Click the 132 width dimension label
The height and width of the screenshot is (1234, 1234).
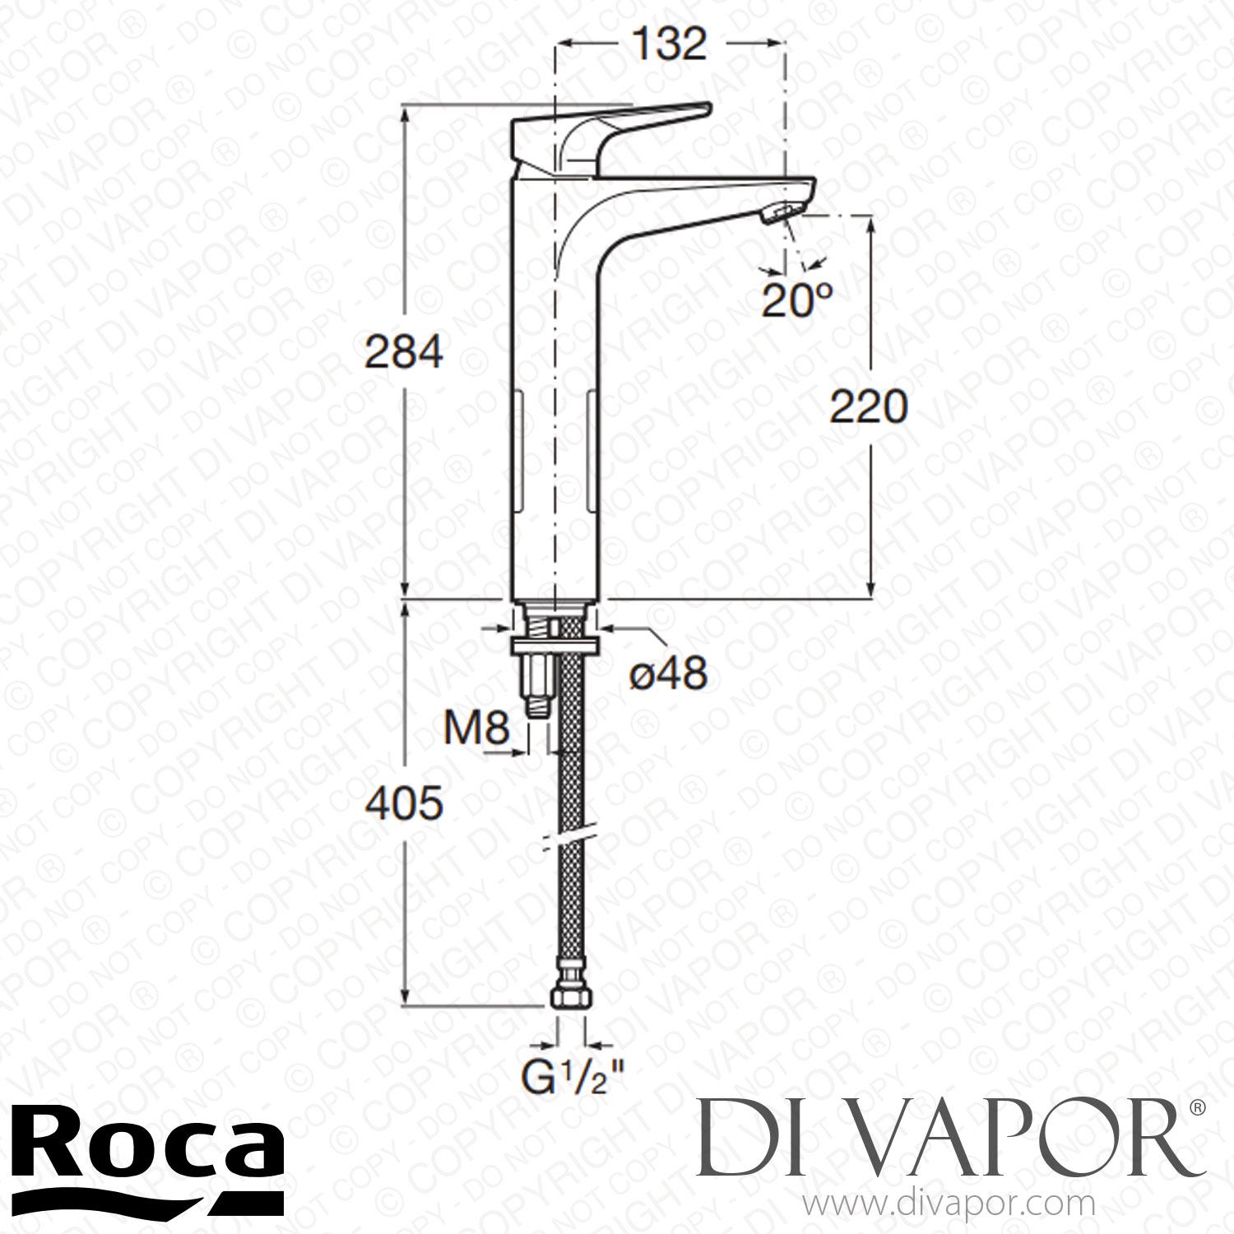pos(670,44)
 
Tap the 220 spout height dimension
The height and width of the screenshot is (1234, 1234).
pos(868,407)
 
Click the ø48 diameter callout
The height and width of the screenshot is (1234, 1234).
pos(667,675)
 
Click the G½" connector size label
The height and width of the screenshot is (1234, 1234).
pos(573,1076)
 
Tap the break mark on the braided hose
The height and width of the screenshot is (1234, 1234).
pos(567,835)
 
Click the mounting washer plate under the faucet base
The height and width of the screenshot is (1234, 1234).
pos(555,644)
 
